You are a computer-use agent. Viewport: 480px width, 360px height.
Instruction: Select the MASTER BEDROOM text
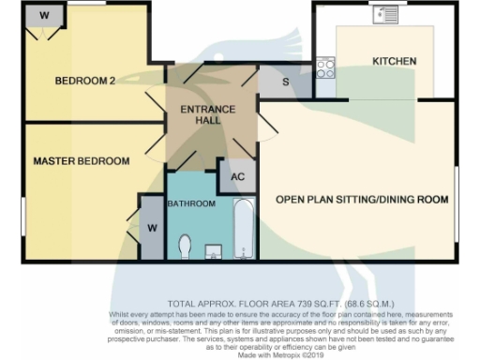coord(82,161)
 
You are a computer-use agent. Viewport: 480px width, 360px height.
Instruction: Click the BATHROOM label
coord(191,203)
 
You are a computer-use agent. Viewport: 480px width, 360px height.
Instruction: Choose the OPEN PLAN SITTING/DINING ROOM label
coord(361,200)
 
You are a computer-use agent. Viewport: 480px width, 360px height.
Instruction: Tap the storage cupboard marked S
coord(284,82)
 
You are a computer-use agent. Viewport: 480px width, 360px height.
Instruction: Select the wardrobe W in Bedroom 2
coord(45,16)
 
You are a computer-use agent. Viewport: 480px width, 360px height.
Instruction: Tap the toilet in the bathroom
coord(184,245)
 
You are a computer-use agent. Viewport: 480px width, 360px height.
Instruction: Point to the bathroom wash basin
coord(213,250)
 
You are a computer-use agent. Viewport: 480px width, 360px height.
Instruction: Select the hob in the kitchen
coord(326,68)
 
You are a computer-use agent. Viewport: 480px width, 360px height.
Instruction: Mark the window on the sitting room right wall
coord(457,201)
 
